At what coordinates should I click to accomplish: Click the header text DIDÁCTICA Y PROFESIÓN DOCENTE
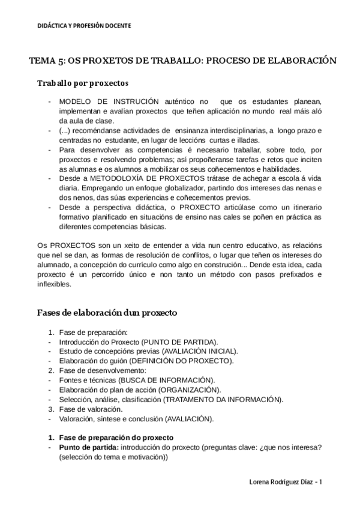coord(84,26)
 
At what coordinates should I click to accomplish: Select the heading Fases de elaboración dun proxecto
coord(107,313)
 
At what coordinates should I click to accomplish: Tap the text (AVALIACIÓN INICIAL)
coord(199,351)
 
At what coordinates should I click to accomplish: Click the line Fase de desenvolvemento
coord(98,370)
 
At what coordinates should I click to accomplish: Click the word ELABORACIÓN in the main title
coord(298,61)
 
